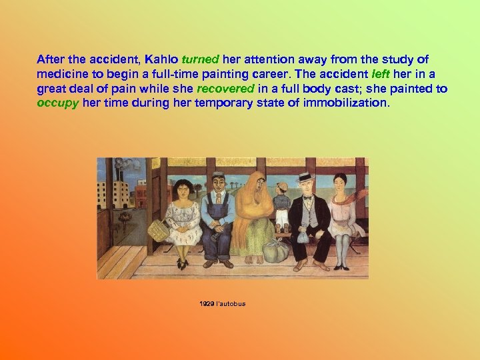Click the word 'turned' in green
pyautogui.click(x=201, y=59)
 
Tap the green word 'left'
pyautogui.click(x=399, y=73)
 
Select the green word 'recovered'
pyautogui.click(x=225, y=88)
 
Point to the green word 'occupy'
pyautogui.click(x=58, y=103)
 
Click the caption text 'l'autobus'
pyautogui.click(x=231, y=304)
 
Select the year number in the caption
pyautogui.click(x=206, y=304)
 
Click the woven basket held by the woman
pyautogui.click(x=158, y=230)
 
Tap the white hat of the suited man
pyautogui.click(x=306, y=177)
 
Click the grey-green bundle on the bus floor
pyautogui.click(x=275, y=251)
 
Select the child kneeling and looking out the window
pyautogui.click(x=282, y=200)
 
